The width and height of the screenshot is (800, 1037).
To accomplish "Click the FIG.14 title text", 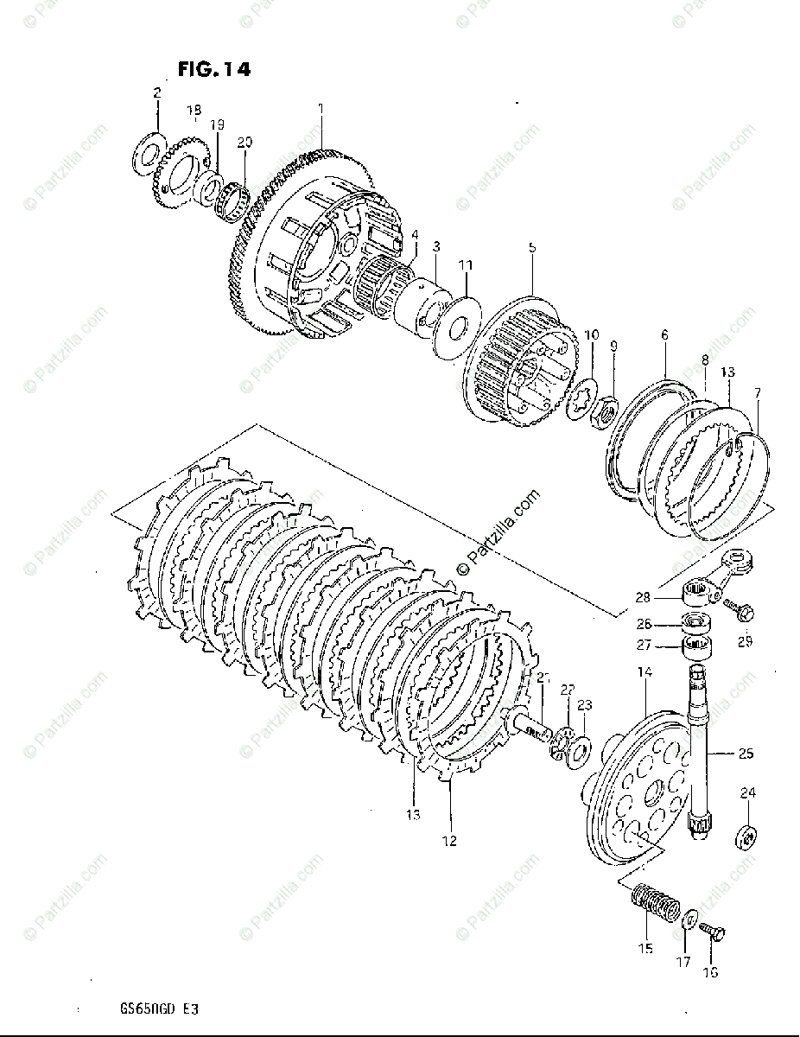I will tap(214, 70).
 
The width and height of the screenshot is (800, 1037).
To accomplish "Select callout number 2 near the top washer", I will tap(156, 93).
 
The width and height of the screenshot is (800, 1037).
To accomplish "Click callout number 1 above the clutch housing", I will tap(321, 109).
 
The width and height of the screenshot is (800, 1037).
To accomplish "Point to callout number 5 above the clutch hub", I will tap(532, 248).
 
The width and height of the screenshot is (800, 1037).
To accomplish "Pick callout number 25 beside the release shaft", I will tap(745, 754).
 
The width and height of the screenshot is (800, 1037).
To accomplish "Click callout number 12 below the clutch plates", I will tap(450, 840).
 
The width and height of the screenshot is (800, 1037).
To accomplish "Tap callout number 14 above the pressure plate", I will tap(645, 672).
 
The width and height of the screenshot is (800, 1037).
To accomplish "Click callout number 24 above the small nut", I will tap(747, 793).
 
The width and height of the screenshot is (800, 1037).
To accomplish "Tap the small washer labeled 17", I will tap(690, 919).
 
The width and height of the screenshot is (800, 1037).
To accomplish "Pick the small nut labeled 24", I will tap(746, 837).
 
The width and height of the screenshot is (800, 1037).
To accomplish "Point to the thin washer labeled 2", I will tap(147, 149).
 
